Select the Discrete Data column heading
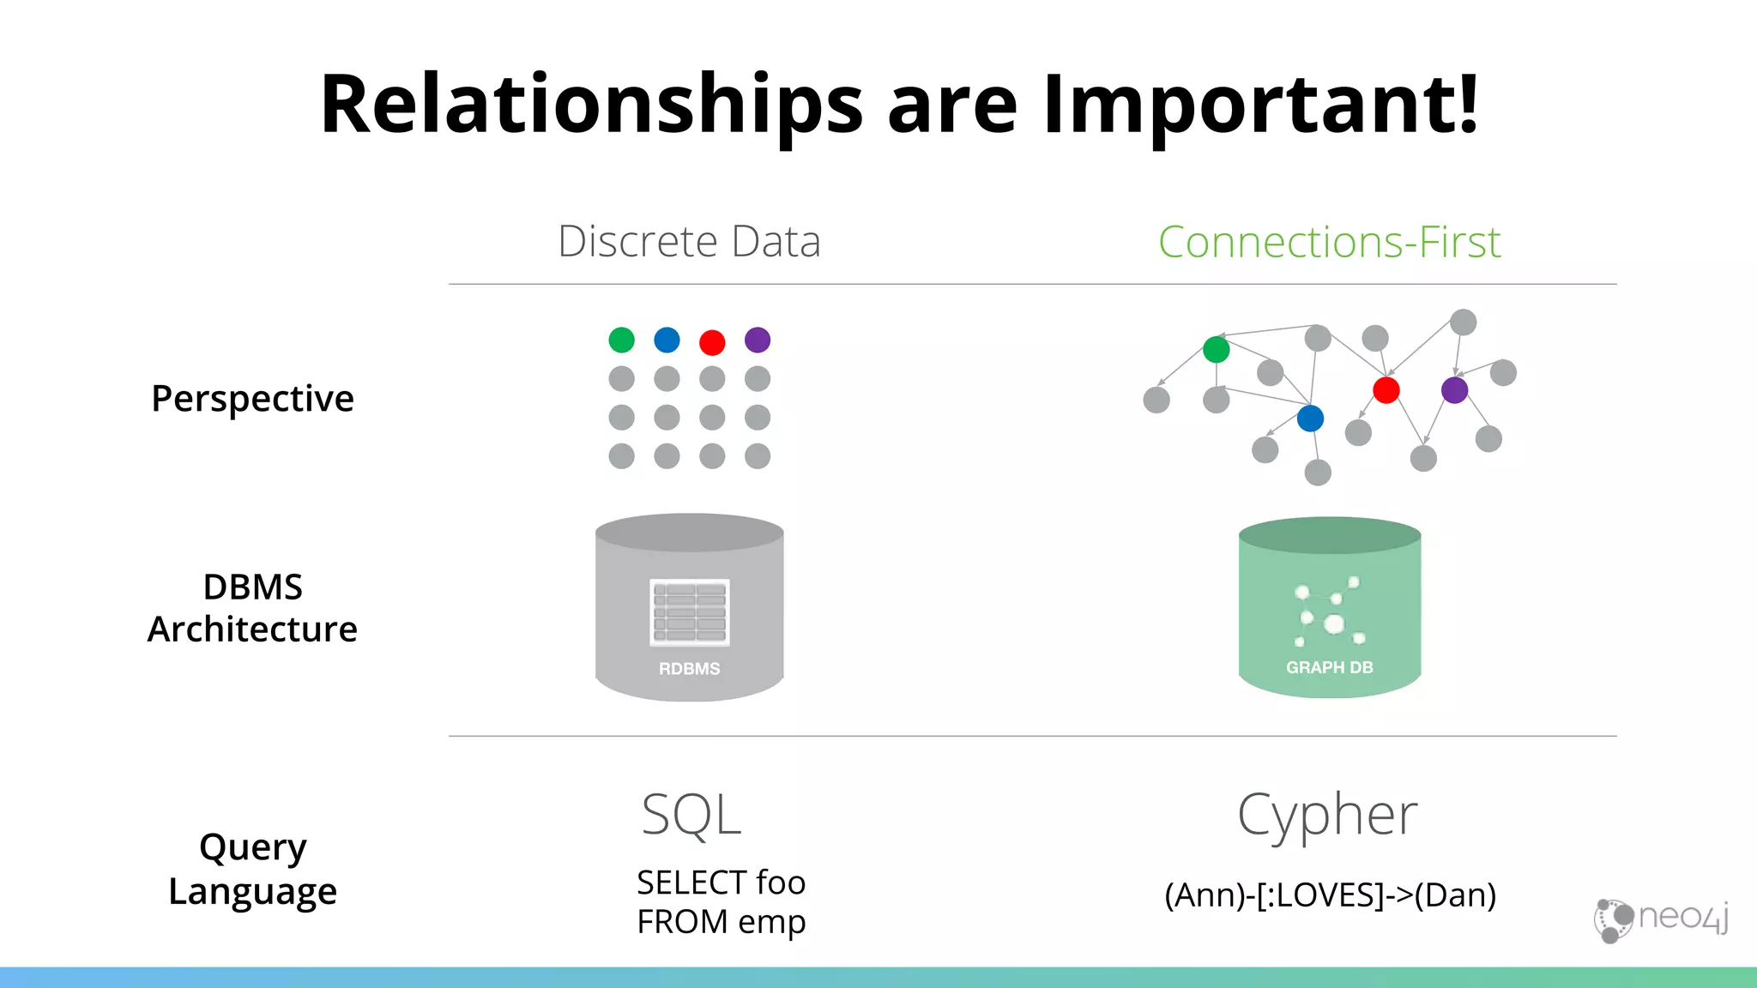point(689,241)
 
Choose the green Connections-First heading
point(1329,242)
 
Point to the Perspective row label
point(252,399)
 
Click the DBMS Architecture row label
point(252,608)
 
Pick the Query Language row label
point(252,869)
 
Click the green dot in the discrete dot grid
point(621,340)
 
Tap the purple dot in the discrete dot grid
point(758,340)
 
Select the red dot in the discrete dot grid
point(712,342)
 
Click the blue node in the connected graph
point(1310,419)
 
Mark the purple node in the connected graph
point(1454,390)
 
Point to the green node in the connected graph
point(1216,350)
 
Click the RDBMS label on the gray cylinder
point(689,669)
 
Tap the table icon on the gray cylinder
point(690,612)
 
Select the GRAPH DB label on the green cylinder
point(1329,667)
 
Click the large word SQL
point(691,815)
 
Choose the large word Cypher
point(1327,816)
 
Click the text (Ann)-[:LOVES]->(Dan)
point(1330,895)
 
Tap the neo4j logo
point(1661,919)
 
